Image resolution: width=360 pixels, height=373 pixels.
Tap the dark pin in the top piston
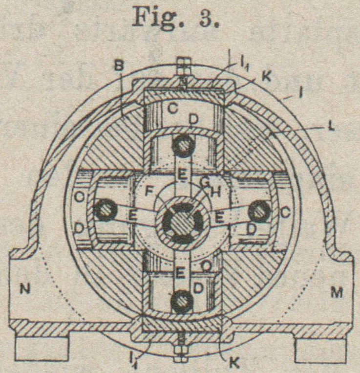(182, 145)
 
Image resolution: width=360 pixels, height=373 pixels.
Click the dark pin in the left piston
(105, 210)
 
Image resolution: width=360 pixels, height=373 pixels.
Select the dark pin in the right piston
(259, 211)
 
